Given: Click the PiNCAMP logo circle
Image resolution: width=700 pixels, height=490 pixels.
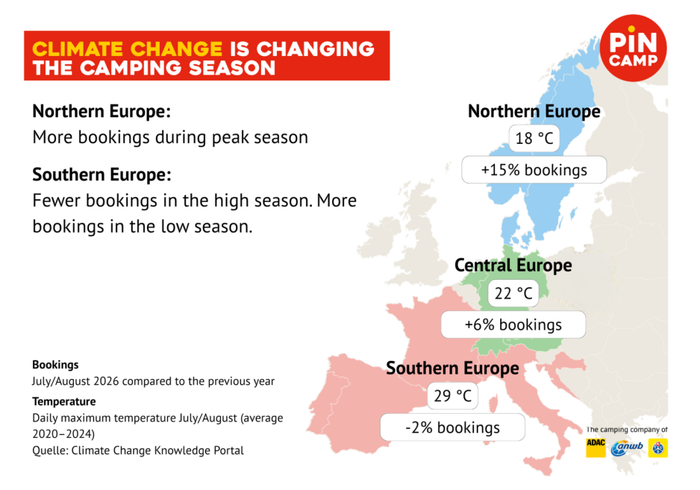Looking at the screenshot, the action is pos(633,48).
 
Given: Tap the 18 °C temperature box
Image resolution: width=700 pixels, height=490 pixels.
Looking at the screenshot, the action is pos(534,138).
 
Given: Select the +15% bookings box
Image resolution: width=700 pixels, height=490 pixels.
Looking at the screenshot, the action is pos(534,169).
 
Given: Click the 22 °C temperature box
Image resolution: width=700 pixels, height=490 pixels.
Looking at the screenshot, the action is pos(513,293).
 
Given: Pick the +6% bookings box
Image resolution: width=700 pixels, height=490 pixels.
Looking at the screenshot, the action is pos(513,324).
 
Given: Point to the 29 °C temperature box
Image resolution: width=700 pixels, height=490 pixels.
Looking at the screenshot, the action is pos(453,396).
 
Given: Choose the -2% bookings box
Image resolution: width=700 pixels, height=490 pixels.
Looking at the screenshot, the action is pos(453,427).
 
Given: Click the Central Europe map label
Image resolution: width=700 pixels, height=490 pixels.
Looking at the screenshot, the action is pos(513,265).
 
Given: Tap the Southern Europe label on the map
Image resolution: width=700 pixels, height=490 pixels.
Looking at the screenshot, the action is pos(453,368).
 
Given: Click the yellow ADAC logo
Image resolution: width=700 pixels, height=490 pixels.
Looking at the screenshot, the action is pos(596,447).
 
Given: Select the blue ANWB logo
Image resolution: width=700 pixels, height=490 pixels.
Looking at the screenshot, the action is pos(627,447).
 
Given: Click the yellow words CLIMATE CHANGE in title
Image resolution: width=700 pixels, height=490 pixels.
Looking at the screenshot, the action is pos(127,49).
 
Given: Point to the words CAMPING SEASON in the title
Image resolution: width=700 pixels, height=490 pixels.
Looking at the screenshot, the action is pos(178,69).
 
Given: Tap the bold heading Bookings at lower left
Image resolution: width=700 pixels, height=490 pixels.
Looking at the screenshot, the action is pos(55,365).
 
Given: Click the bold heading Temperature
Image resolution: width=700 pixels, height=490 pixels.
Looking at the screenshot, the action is pos(64,401).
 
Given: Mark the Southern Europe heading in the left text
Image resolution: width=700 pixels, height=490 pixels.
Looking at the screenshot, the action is pos(101,175).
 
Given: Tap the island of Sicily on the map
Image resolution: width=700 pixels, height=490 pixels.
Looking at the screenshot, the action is pos(539,465).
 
